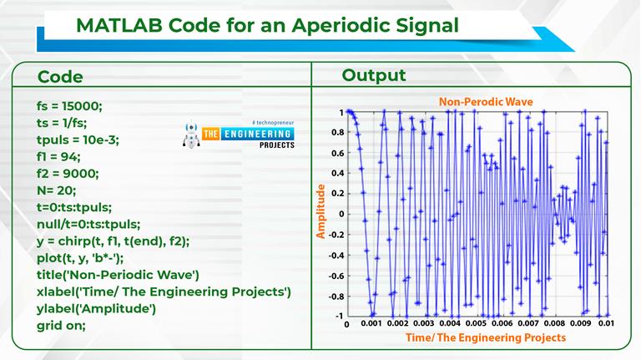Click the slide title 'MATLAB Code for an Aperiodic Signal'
point(267,25)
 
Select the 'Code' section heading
point(60,77)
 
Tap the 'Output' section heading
point(373,76)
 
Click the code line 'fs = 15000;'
point(69,106)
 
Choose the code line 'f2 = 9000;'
point(68,173)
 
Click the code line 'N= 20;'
point(58,190)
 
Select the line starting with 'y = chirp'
point(125,241)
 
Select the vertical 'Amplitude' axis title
point(320,214)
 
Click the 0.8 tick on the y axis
point(336,132)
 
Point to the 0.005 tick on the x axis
point(475,323)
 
